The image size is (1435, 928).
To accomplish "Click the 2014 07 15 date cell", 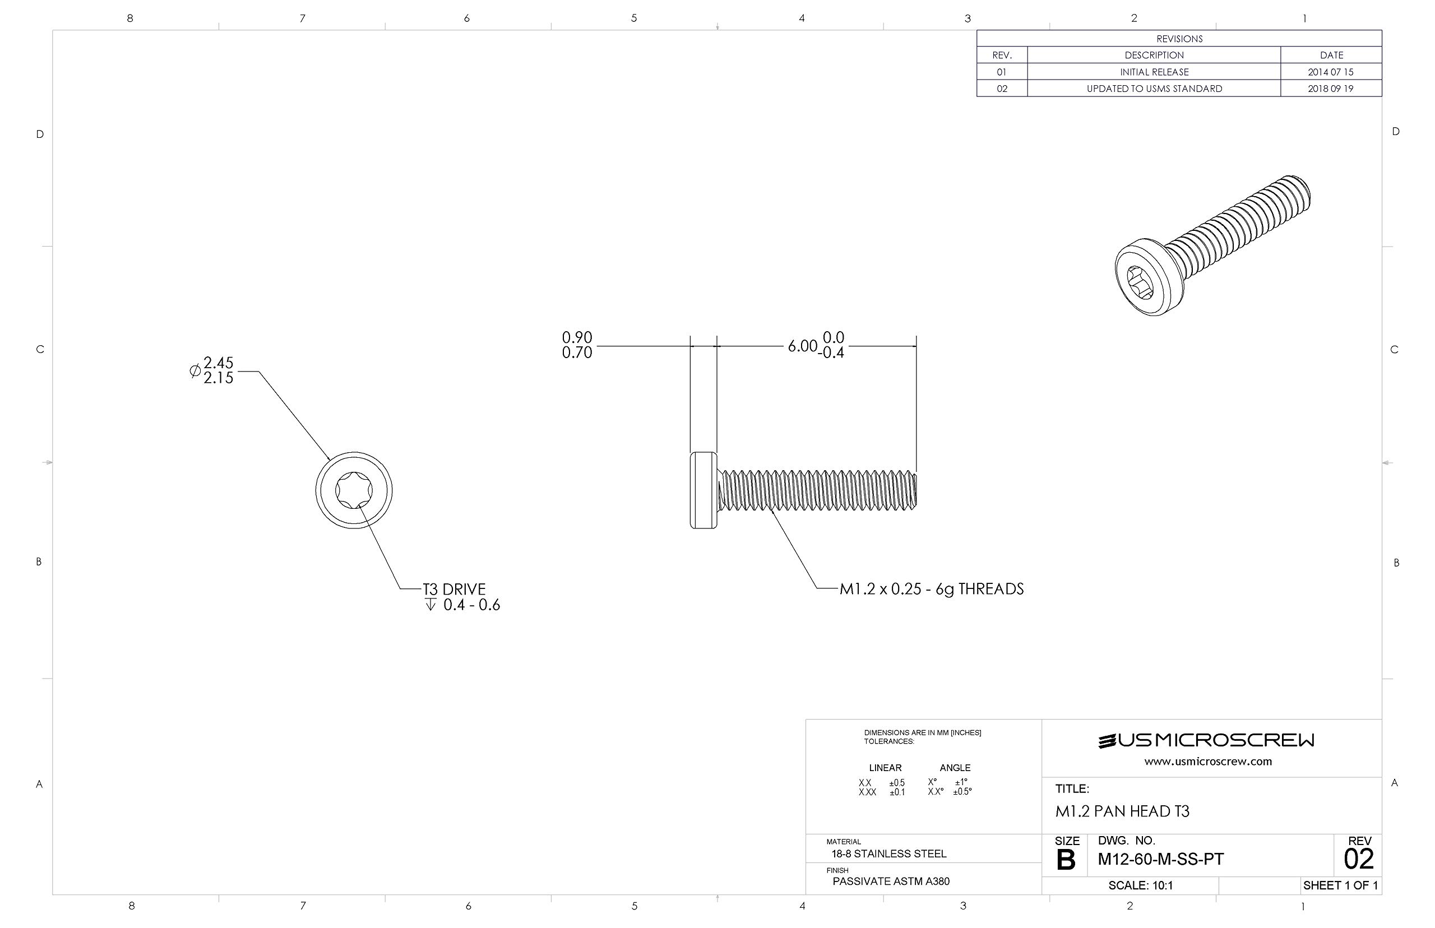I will click(1330, 72).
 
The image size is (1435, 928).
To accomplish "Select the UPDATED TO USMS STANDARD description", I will click(1154, 89).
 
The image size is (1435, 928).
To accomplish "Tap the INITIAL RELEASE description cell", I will click(1154, 72).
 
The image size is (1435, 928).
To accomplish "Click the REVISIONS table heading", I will click(1179, 39).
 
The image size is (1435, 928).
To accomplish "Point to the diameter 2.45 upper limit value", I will click(218, 362).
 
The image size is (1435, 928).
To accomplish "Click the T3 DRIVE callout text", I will click(454, 589).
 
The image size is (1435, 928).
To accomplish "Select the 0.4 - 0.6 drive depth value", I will click(471, 605).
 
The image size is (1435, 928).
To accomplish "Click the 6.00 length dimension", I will click(802, 346).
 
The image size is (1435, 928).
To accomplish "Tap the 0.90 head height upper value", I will click(577, 337).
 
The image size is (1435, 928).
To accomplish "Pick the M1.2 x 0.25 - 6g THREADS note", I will click(931, 589).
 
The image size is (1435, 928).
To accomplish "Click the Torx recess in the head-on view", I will click(354, 490).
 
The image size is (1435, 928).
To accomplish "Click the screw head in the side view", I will click(703, 490).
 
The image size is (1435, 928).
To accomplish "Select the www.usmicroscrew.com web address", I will click(1208, 761).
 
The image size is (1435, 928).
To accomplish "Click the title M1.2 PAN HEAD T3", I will click(1122, 811).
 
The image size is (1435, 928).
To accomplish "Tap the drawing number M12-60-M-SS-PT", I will click(1160, 859).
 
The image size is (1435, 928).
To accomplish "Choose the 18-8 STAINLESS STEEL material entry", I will click(888, 853).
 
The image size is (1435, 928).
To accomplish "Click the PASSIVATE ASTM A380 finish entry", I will click(891, 881).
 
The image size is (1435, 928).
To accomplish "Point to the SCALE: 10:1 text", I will click(1140, 885).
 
